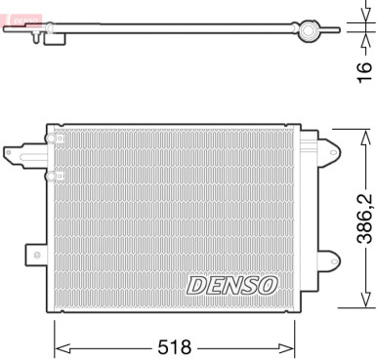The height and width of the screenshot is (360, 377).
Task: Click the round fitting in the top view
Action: (x=312, y=32)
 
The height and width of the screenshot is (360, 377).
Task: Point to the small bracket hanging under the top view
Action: (x=38, y=38)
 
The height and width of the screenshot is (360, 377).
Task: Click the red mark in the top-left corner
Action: (x=9, y=7)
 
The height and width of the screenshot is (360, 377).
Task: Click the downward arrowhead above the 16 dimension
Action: (x=349, y=20)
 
